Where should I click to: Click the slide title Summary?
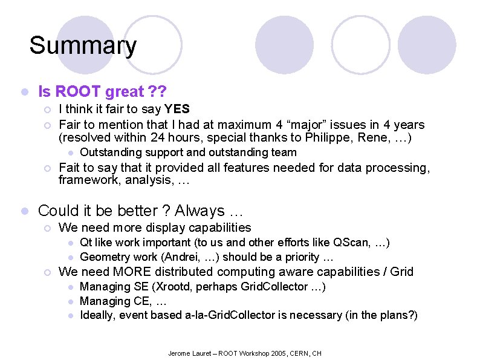[83, 45]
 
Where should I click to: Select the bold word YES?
[177, 109]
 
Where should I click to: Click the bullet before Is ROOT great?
[23, 92]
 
